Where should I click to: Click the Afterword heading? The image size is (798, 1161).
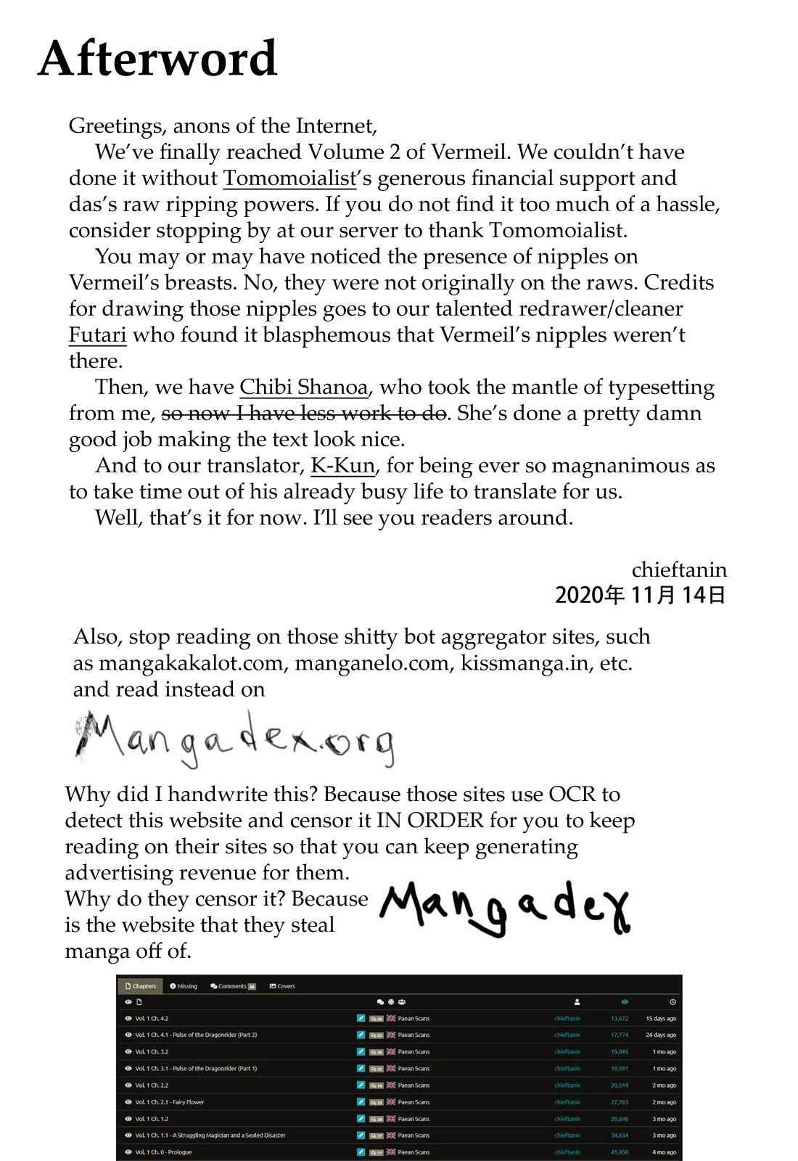click(157, 59)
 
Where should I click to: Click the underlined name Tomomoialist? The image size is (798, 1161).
click(289, 179)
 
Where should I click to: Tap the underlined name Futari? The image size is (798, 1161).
click(97, 335)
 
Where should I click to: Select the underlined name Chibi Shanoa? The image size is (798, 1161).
click(303, 387)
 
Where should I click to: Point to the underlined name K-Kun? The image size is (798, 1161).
click(342, 466)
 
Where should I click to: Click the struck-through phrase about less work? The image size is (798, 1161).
click(303, 414)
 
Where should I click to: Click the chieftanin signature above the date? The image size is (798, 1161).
click(678, 570)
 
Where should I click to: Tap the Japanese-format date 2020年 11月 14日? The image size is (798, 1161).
click(640, 596)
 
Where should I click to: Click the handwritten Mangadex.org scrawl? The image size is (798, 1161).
click(234, 739)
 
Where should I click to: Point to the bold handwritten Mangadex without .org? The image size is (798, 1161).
click(505, 908)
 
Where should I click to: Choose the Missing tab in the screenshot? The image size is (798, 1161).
click(184, 986)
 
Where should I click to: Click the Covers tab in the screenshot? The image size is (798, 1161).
click(282, 986)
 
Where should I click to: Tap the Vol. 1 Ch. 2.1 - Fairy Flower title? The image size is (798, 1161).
click(170, 1102)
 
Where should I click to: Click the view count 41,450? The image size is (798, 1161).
click(620, 1152)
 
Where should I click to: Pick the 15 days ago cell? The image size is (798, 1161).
click(660, 1019)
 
